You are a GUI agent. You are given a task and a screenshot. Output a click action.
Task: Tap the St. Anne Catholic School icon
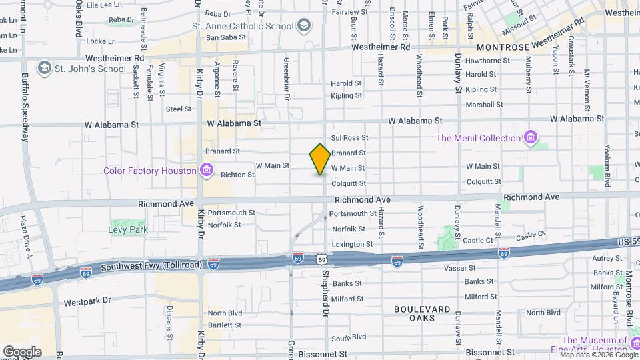coord(303,26)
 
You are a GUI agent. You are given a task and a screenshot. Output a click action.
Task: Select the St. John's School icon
coord(45,68)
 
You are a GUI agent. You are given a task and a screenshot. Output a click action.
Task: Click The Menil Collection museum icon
coord(531,138)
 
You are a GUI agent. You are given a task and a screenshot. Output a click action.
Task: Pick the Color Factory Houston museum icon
coord(207,171)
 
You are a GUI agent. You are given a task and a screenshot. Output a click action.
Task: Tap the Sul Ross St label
coord(354,137)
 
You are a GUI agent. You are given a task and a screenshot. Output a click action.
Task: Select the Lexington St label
coord(352,245)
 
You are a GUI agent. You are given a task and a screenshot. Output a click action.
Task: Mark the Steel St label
coord(179,109)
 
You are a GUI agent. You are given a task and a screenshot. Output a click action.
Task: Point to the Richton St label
coord(238,175)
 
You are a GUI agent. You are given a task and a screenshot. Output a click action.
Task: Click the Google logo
coord(21,351)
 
